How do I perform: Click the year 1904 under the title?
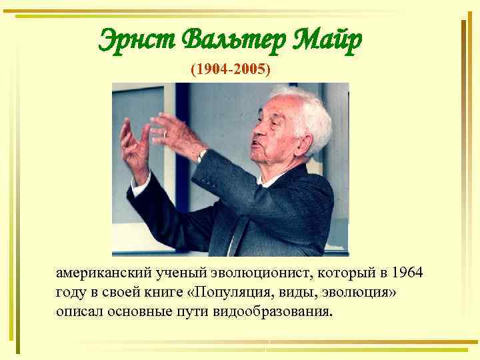[x=211, y=69]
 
